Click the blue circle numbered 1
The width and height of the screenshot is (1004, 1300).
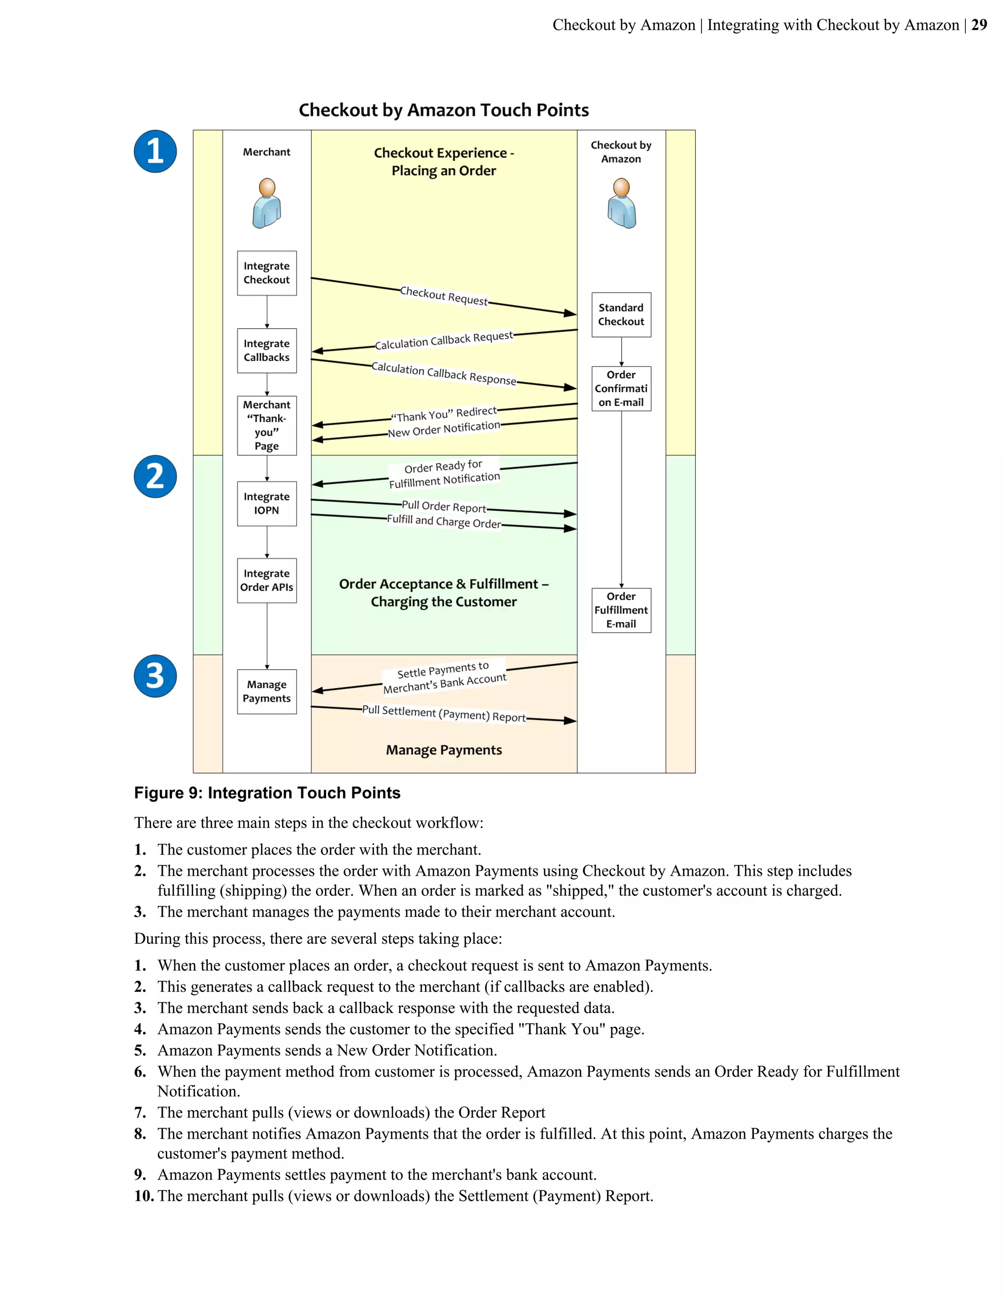155,151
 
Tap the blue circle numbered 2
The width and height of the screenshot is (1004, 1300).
155,476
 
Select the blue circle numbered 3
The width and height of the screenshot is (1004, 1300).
155,676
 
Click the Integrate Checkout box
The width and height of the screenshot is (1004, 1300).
267,273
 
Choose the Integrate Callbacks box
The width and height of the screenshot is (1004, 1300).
267,351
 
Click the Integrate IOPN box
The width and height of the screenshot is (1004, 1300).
267,504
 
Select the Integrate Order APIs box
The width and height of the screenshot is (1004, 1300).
267,580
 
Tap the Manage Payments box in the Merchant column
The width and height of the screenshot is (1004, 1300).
267,692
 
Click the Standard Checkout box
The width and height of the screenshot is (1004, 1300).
621,315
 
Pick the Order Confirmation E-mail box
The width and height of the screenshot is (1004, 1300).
621,389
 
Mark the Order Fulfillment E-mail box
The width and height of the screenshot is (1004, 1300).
621,610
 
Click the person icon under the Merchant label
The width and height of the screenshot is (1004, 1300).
267,204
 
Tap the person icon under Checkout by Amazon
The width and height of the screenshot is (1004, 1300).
622,204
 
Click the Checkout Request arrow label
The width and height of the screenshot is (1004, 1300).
444,295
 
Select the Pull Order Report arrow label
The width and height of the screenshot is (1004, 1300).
444,507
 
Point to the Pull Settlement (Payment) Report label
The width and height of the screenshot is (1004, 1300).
444,714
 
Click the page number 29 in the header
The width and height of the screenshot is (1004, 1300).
979,25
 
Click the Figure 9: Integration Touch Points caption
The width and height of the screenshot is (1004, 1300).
267,793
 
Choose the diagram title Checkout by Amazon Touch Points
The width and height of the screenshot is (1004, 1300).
444,110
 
